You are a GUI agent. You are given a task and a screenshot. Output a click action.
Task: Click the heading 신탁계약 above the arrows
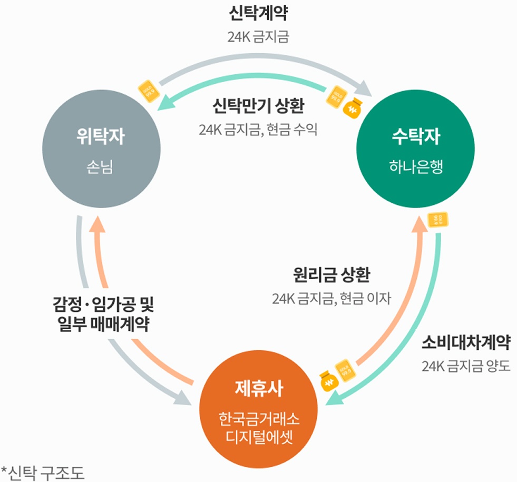click(258, 14)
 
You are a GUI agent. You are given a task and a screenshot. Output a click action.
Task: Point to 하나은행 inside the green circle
click(416, 168)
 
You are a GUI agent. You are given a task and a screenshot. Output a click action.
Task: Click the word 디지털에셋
click(258, 437)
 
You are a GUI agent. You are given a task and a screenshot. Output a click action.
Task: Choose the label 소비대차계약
click(466, 343)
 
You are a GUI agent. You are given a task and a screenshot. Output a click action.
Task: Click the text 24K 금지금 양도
click(466, 366)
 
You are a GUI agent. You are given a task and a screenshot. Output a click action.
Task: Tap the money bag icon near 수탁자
click(352, 108)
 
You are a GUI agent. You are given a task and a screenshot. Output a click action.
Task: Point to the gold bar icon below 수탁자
click(438, 219)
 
